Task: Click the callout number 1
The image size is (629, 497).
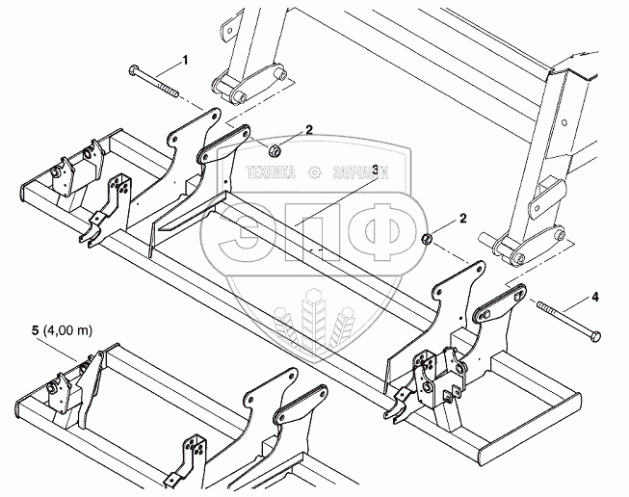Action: tap(185, 61)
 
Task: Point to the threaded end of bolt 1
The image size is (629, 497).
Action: tap(174, 92)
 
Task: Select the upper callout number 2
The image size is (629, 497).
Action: tap(309, 128)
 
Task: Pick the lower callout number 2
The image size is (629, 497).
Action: tap(464, 219)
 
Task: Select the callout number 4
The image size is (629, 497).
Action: tap(594, 298)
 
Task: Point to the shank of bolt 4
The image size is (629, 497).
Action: tap(564, 320)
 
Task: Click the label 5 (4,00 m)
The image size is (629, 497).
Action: tap(60, 331)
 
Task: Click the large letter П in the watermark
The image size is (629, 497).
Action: tap(314, 237)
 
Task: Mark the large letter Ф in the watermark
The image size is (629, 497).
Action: tap(374, 237)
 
